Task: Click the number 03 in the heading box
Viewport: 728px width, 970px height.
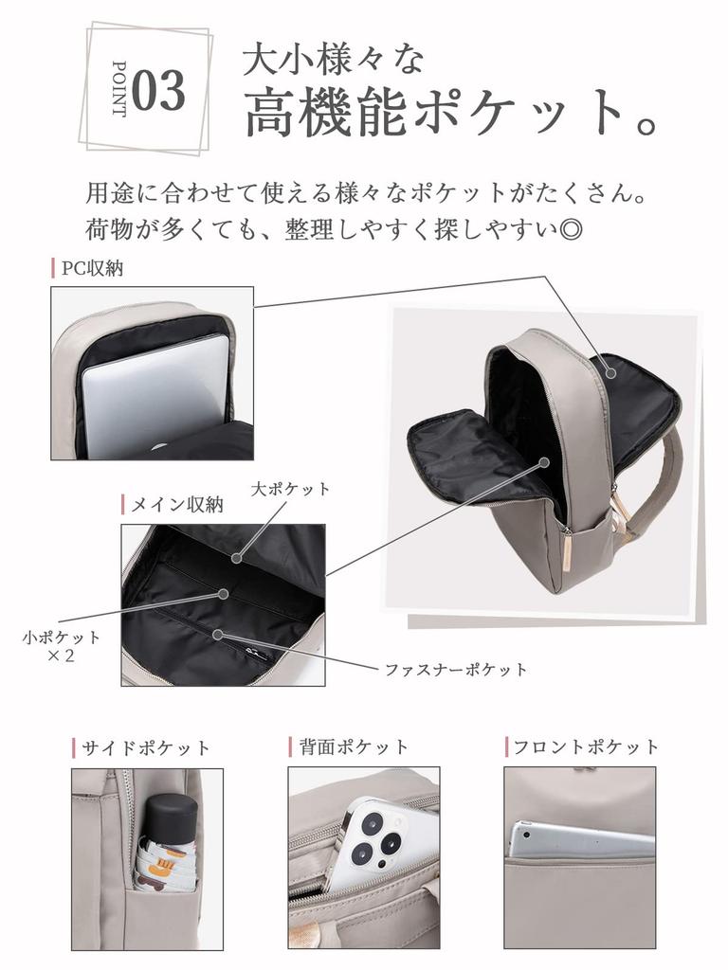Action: pos(158,90)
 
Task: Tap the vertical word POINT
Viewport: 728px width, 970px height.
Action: pos(118,89)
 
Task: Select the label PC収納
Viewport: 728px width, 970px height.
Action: pos(93,268)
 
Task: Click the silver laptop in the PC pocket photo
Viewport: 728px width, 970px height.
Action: pos(155,395)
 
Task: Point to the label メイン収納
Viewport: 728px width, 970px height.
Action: pos(177,505)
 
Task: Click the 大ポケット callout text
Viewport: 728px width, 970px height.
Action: pos(290,490)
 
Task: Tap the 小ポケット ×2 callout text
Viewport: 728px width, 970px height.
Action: pos(61,646)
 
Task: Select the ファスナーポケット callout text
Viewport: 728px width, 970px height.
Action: pos(456,670)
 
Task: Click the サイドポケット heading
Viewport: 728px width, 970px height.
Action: pos(146,748)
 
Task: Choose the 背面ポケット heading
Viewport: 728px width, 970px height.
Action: pos(354,746)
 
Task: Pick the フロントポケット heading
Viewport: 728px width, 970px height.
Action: pos(586,746)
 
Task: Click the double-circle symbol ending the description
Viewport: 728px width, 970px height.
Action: pos(570,230)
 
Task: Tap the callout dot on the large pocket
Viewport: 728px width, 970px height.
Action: pos(236,557)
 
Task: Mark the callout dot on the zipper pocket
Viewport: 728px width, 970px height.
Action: pos(217,634)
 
